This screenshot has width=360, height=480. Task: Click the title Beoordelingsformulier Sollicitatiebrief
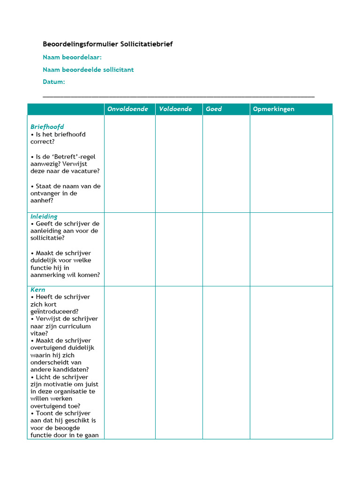click(x=108, y=45)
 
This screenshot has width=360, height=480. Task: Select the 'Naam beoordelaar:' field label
click(x=72, y=57)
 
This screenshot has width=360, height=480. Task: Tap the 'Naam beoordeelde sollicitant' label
click(x=88, y=69)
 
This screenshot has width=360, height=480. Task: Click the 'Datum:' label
click(x=54, y=82)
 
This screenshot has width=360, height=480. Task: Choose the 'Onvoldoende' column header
click(x=127, y=109)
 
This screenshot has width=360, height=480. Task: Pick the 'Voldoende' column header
click(x=175, y=109)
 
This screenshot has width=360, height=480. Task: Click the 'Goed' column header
click(x=214, y=109)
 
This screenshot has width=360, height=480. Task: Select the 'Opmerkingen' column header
click(x=274, y=109)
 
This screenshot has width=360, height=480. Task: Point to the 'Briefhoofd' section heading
click(x=47, y=127)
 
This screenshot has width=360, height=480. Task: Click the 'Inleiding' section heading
click(x=44, y=217)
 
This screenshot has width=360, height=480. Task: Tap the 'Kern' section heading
click(x=38, y=290)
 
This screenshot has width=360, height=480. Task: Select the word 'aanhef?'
click(x=42, y=201)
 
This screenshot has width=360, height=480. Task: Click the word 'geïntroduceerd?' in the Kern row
click(x=54, y=311)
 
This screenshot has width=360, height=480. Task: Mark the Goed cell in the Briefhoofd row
click(x=226, y=164)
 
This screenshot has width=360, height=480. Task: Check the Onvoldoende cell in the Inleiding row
click(x=129, y=249)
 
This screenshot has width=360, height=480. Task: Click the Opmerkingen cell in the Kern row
click(x=291, y=362)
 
